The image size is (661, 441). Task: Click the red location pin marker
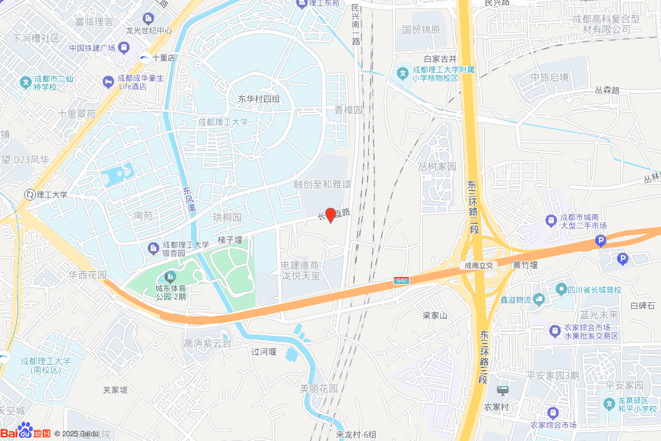point(330,215)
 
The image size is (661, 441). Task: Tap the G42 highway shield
point(402,280)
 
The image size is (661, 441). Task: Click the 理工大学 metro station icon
point(29,194)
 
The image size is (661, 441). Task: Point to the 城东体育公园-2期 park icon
point(170,277)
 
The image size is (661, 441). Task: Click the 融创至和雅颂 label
point(322,184)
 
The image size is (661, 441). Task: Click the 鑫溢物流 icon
point(538,300)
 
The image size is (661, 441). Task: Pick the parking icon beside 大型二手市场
point(600,241)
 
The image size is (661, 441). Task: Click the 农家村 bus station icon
point(502,390)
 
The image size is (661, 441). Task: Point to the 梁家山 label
point(435,316)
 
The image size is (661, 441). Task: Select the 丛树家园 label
point(436,166)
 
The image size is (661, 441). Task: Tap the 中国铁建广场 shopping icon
point(123,48)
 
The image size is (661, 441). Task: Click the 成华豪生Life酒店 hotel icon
point(108,81)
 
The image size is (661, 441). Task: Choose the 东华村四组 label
point(258,99)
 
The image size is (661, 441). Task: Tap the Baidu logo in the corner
point(26,432)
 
